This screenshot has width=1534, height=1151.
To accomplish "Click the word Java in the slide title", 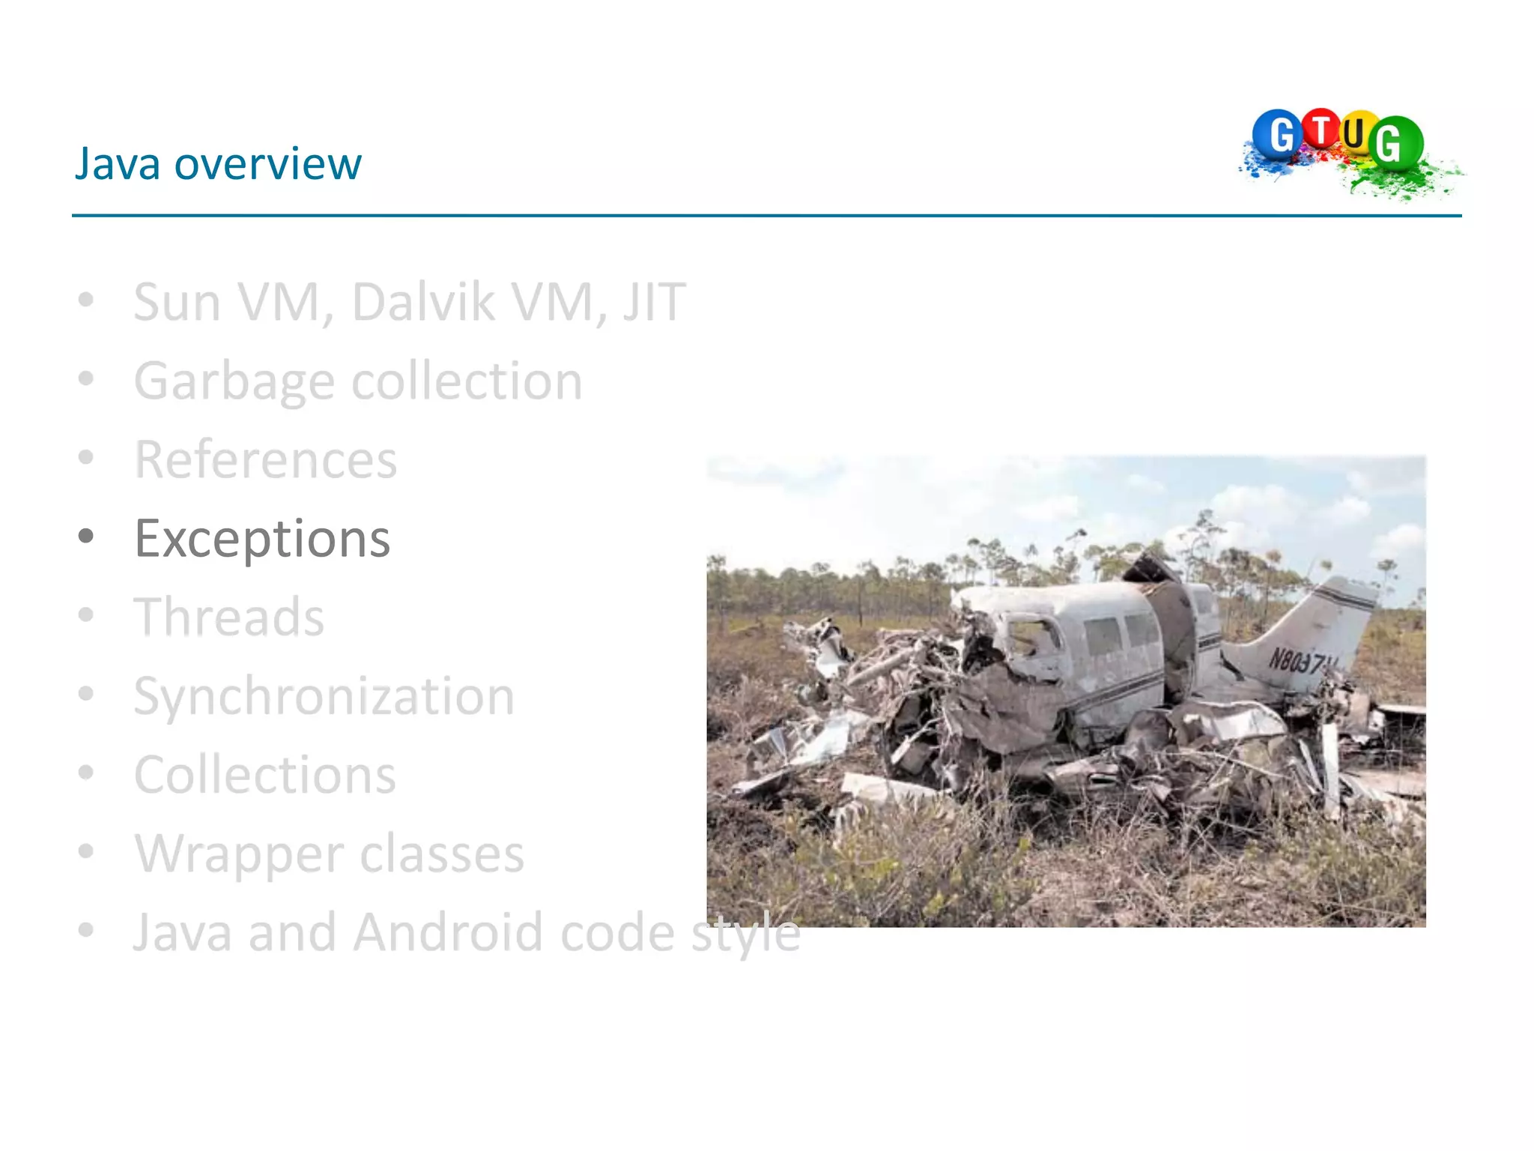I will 117,163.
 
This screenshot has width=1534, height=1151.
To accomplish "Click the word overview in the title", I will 267,163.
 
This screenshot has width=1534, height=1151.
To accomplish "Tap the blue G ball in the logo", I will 1279,135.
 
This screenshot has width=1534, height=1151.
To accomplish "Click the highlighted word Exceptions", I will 262,539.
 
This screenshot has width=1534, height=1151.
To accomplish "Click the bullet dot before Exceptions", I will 87,537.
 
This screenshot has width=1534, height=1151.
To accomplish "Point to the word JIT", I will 654,302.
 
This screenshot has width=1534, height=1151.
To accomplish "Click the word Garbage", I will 234,382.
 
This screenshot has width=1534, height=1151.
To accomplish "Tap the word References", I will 265,460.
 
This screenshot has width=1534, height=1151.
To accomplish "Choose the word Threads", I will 229,617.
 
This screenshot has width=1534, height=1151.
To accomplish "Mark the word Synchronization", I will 324,697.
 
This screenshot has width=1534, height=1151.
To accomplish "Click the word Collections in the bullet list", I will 264,775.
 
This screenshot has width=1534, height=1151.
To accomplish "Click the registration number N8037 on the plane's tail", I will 1300,661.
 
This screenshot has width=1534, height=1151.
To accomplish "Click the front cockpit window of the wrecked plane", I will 1033,637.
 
